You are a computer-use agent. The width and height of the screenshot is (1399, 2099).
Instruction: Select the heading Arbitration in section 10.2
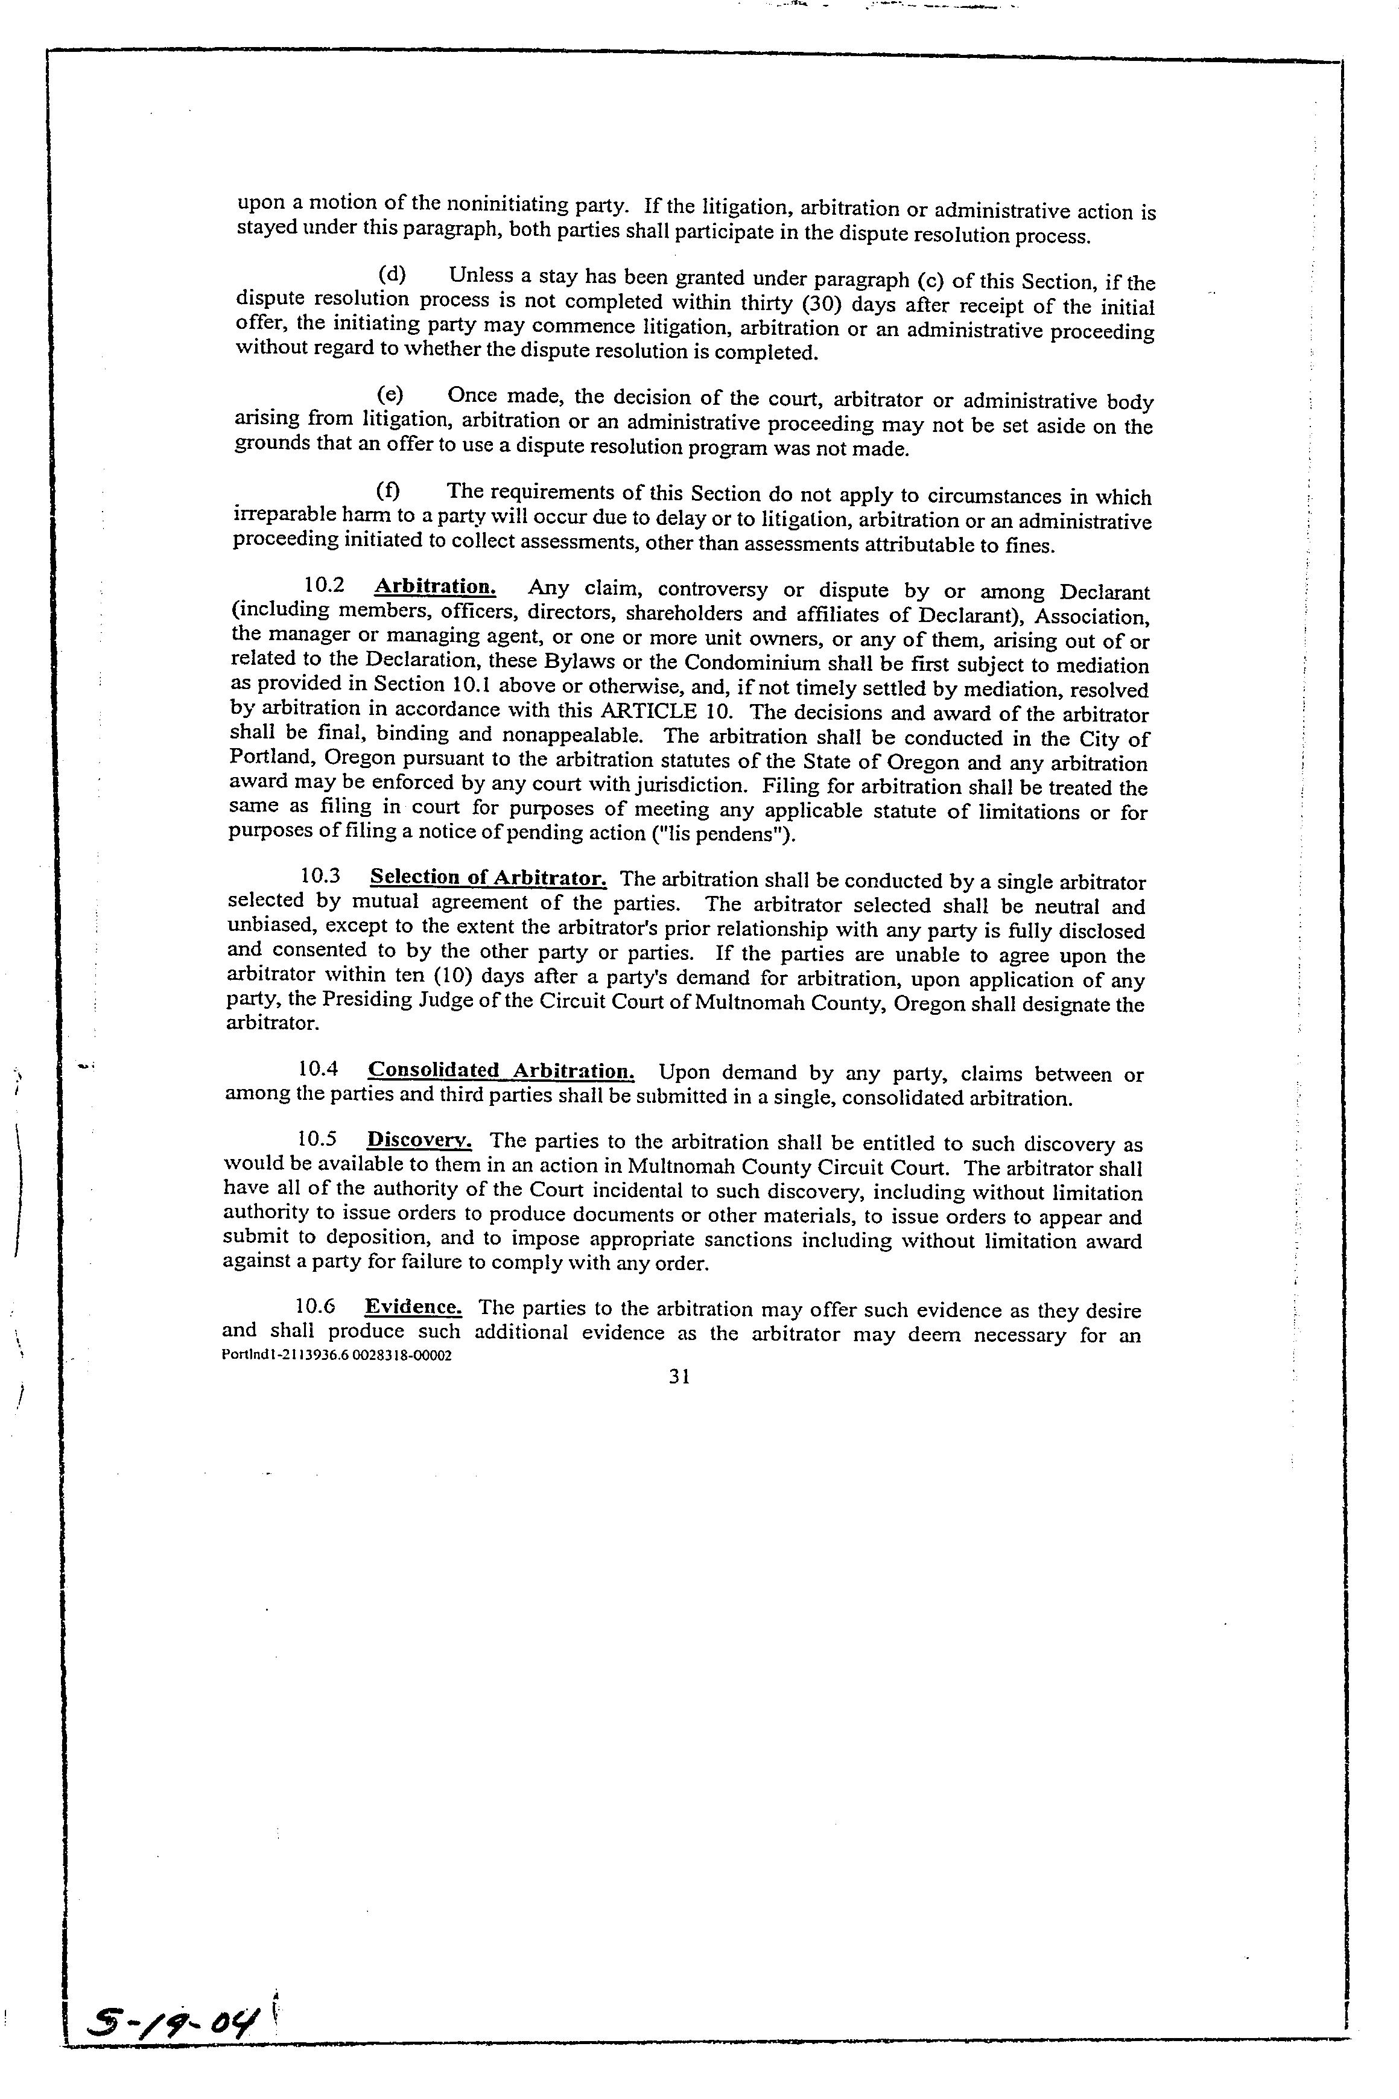(x=434, y=587)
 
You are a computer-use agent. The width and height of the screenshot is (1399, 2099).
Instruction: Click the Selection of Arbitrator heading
(x=488, y=878)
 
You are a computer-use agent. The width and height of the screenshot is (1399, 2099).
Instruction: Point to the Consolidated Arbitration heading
(x=501, y=1070)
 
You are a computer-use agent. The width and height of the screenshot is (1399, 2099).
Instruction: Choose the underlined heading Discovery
(x=419, y=1140)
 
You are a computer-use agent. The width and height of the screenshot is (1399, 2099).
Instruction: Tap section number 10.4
(x=319, y=1069)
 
